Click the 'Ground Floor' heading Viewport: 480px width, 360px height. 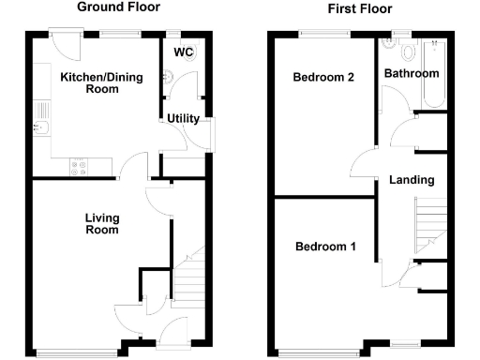tap(118, 7)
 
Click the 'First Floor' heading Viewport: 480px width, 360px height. tap(360, 9)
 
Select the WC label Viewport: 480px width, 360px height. tap(183, 52)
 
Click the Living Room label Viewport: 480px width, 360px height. tap(101, 224)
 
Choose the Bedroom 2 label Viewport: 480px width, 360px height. tap(322, 78)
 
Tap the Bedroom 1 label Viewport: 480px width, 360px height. tap(325, 247)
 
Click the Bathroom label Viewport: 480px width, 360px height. tap(412, 73)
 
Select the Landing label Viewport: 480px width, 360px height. tap(412, 180)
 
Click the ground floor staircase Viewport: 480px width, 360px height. tap(192, 277)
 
